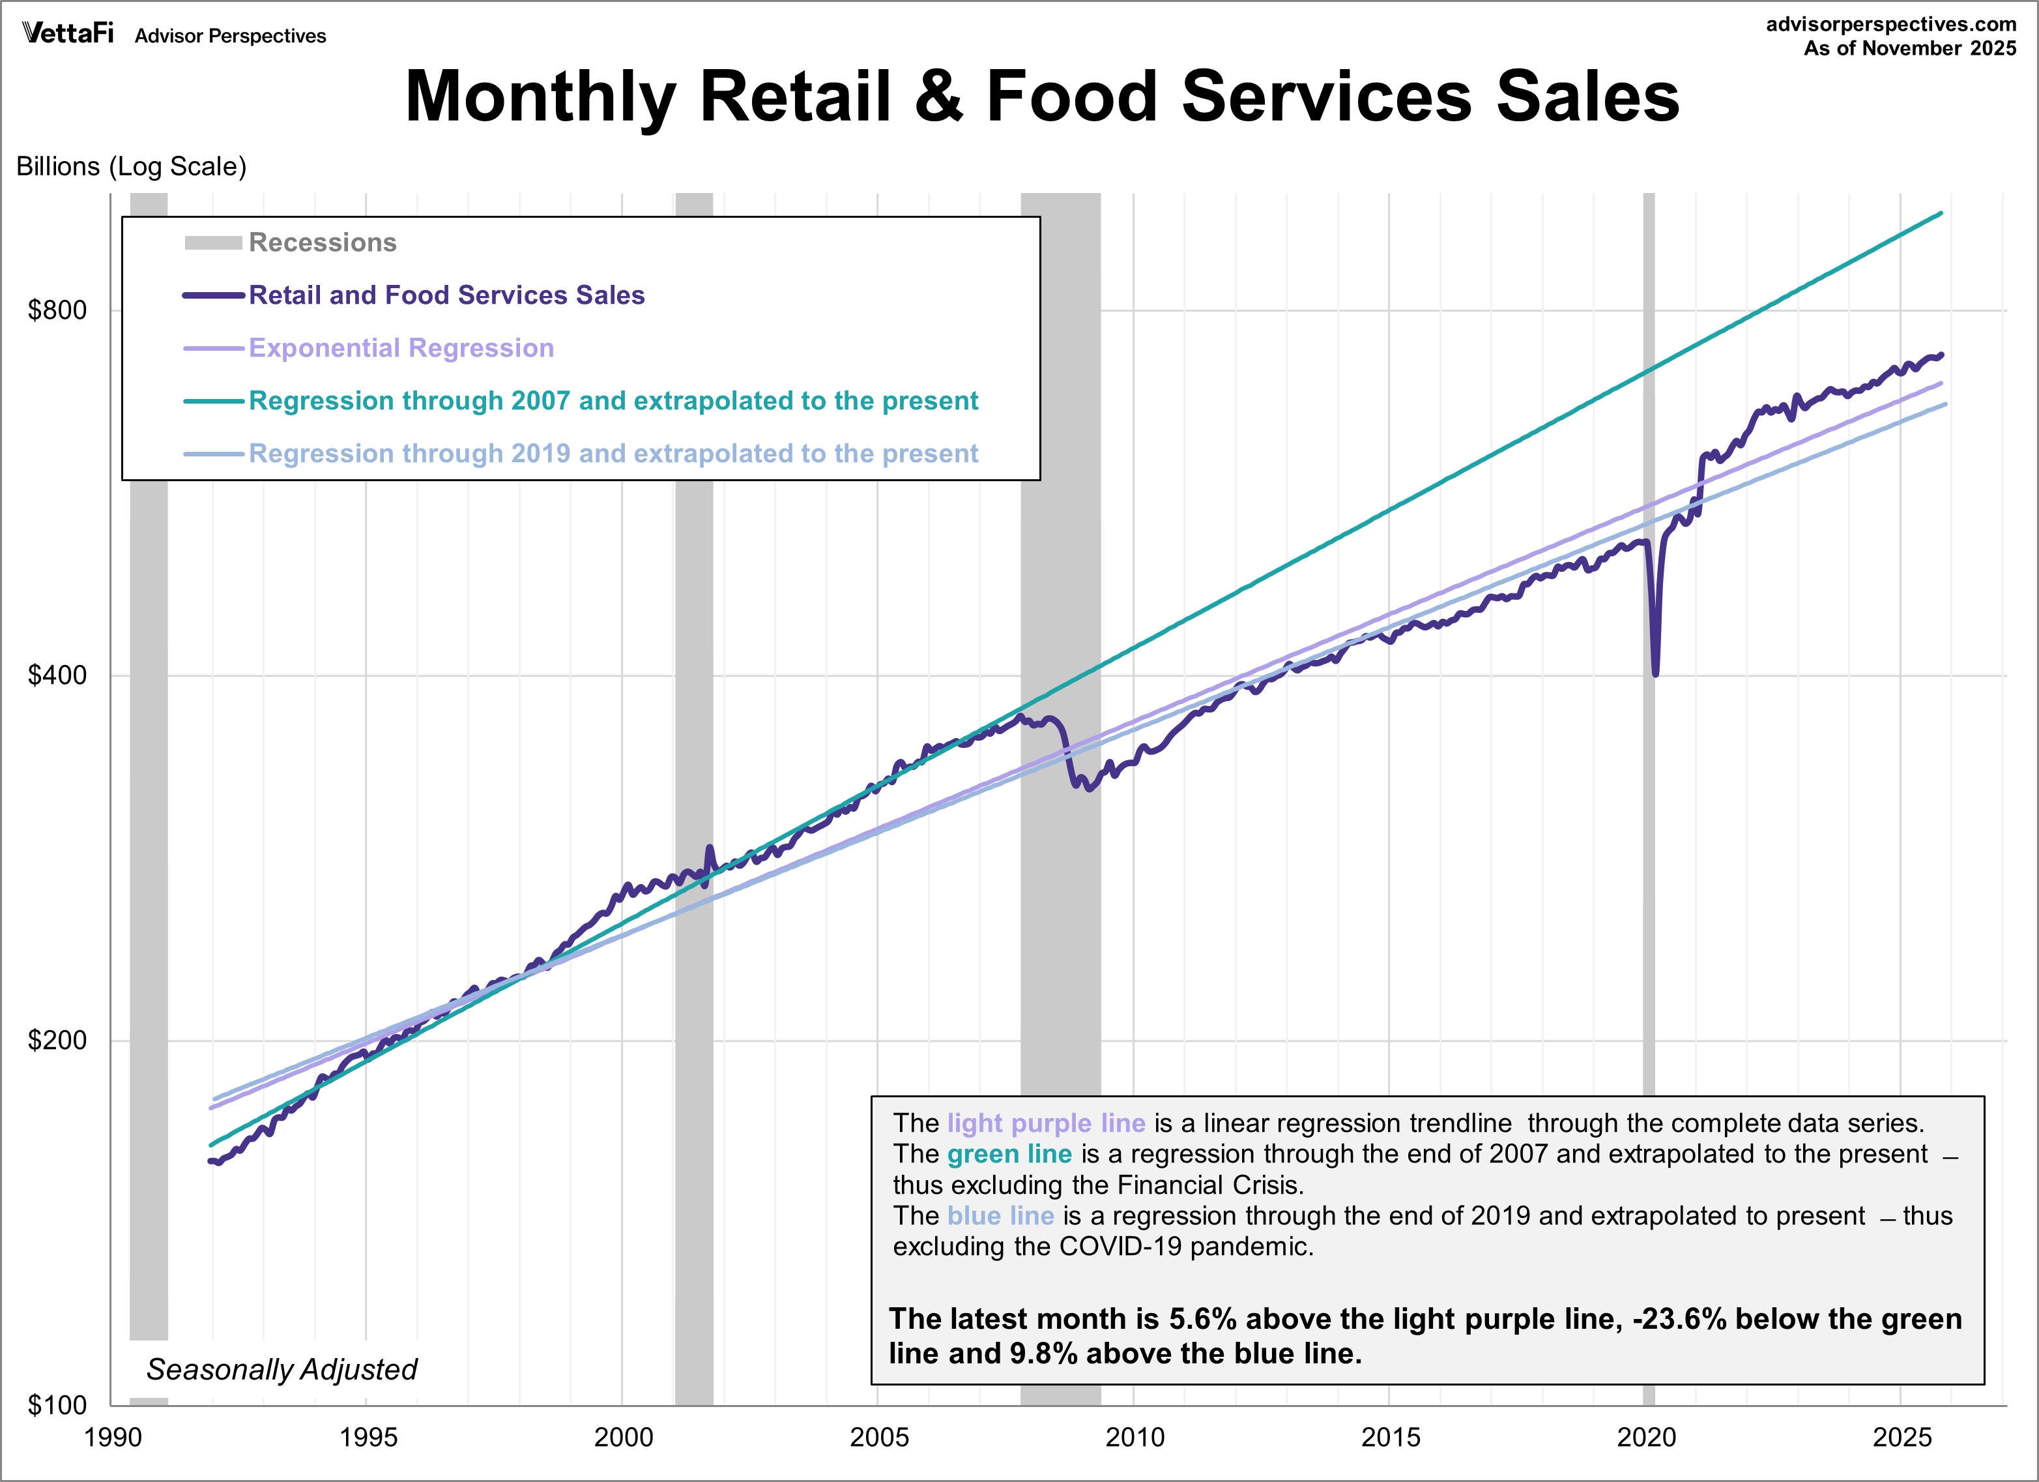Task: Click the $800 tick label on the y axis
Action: tap(57, 310)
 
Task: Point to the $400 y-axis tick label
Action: tap(57, 675)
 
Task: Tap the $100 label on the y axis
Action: tap(57, 1404)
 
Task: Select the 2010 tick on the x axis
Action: tap(1135, 1437)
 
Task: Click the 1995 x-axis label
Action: tap(368, 1437)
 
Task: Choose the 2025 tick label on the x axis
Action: tap(1902, 1437)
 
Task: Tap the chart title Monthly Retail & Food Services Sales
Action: tap(1042, 96)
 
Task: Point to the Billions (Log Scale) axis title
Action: tap(131, 166)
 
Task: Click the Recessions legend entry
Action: tap(322, 243)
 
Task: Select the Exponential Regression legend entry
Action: tap(401, 348)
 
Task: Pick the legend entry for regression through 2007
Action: tap(613, 401)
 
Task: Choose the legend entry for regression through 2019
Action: tap(613, 453)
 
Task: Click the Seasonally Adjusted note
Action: tap(282, 1369)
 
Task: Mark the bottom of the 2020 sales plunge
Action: tap(1655, 673)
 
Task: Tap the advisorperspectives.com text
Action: tap(1890, 24)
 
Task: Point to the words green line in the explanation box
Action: tap(1009, 1154)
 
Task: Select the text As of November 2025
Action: tap(1909, 48)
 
